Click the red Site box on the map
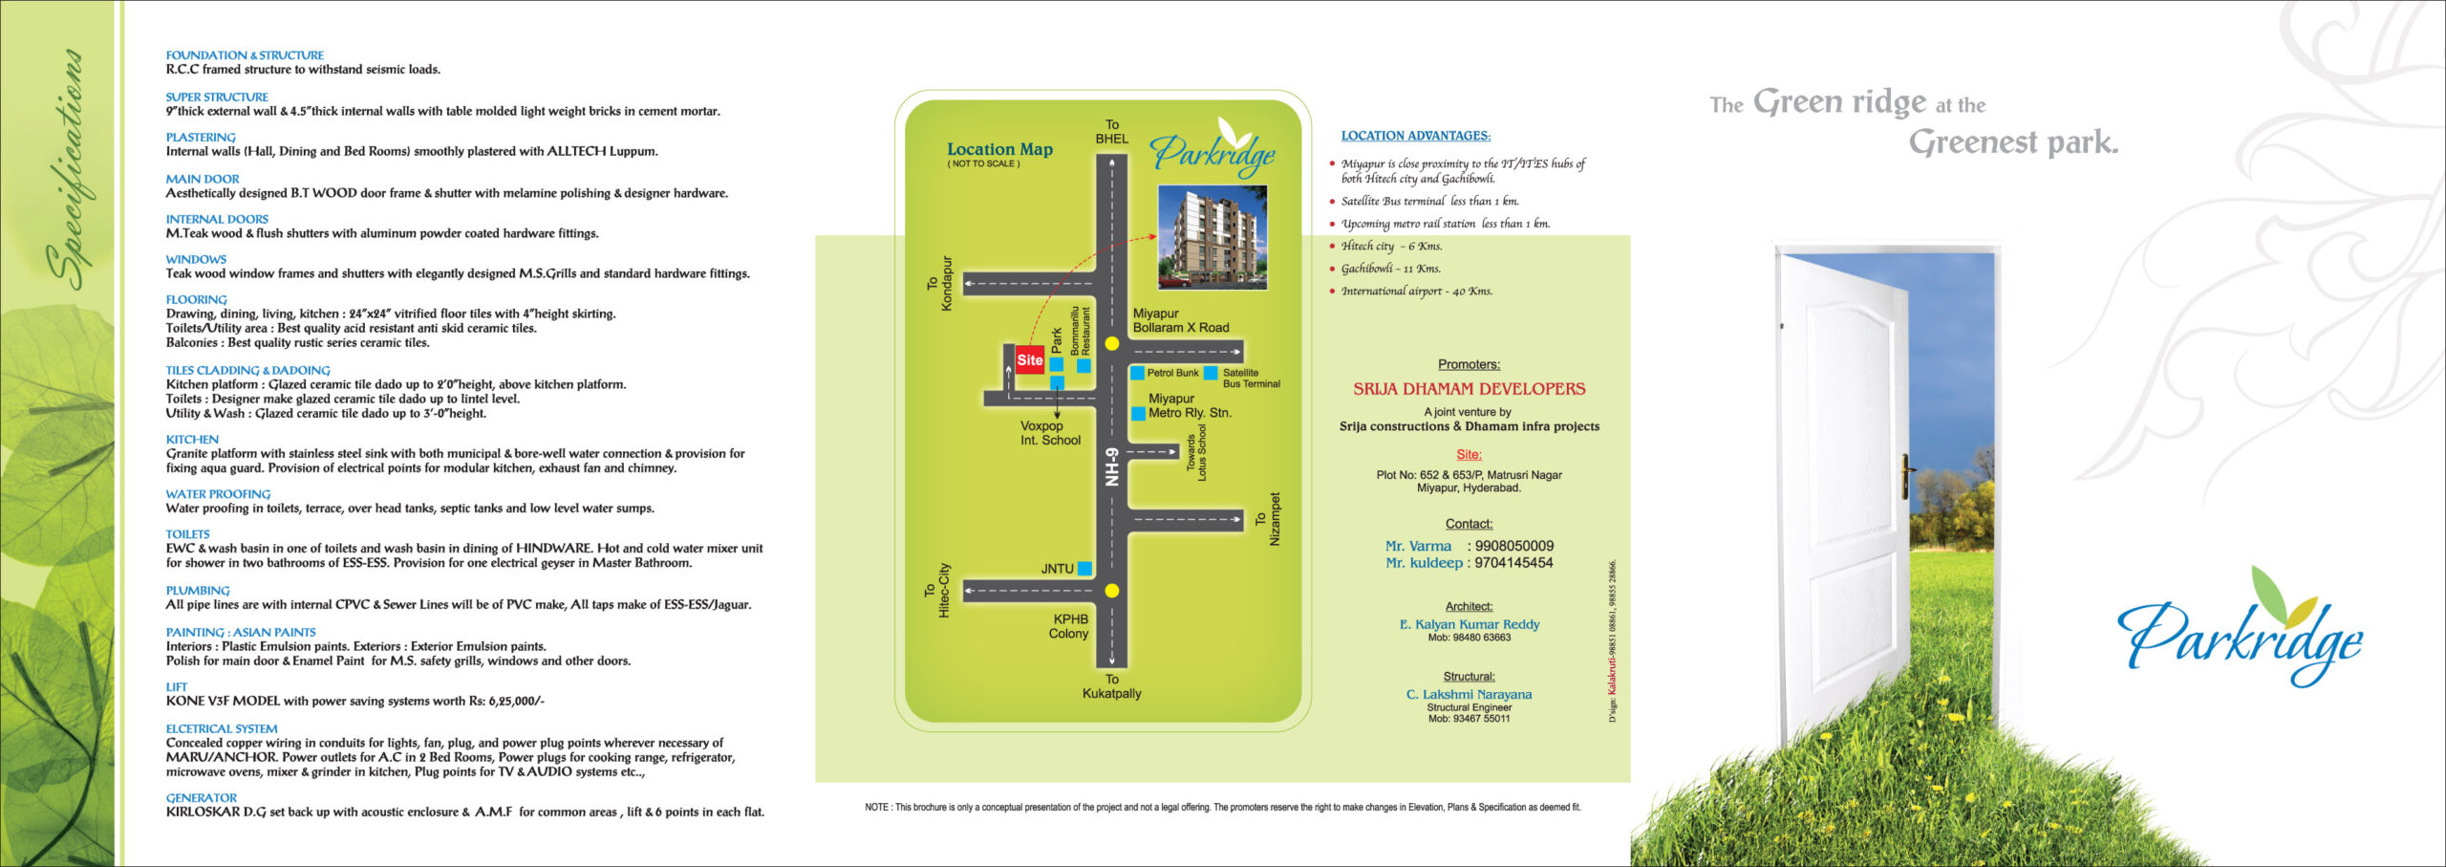pos(1029,359)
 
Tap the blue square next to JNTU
pos(1084,569)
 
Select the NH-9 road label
pos(1111,467)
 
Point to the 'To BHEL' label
pos(1112,132)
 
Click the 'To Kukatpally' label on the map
pos(1112,686)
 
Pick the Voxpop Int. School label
pos(1050,433)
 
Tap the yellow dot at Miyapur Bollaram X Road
pos(1111,343)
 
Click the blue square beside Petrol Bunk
pos(1137,373)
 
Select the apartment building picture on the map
pos(1212,237)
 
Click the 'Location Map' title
pos(999,149)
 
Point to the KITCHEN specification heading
pos(192,440)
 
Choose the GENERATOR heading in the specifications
pos(201,798)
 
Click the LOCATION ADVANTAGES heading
pos(1415,136)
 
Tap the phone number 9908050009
pos(1514,546)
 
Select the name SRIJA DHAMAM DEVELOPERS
pos(1469,389)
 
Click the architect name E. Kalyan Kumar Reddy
pos(1470,624)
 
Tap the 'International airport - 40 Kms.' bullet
pos(1416,292)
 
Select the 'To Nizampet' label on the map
pos(1267,519)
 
